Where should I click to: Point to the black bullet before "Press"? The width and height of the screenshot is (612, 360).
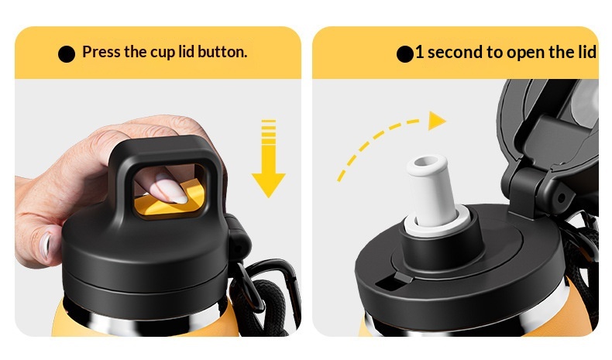pyautogui.click(x=67, y=54)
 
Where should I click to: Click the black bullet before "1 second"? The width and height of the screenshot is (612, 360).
pyautogui.click(x=404, y=54)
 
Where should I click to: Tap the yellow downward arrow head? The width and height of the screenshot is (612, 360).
pyautogui.click(x=269, y=185)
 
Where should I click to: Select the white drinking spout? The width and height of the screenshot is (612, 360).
pyautogui.click(x=431, y=190)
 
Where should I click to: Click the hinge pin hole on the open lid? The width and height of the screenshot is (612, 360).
pyautogui.click(x=561, y=198)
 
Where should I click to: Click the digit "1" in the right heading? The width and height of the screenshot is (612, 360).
pyautogui.click(x=419, y=53)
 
